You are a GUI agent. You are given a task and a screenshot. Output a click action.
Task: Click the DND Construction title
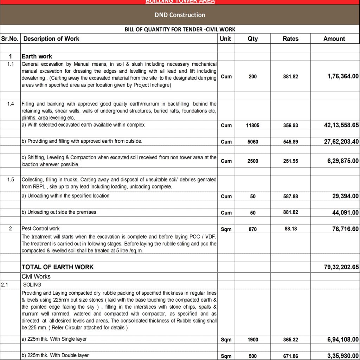[x=180, y=15]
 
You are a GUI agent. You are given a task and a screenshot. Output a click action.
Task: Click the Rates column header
[x=290, y=39]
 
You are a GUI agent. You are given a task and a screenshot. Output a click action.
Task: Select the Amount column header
[x=334, y=39]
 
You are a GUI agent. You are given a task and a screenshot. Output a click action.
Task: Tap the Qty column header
[x=252, y=39]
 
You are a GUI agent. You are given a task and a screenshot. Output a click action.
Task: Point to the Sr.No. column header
[x=10, y=39]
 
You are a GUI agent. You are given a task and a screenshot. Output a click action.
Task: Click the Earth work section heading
[x=37, y=56]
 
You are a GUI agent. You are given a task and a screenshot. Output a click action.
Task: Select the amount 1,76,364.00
[x=338, y=76]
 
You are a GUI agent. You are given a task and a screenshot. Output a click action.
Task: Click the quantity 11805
[x=252, y=125]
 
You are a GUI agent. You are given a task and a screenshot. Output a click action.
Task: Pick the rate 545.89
[x=290, y=142]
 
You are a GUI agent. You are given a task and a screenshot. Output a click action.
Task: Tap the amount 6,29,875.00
[x=338, y=161]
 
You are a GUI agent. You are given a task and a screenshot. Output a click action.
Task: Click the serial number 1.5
[x=11, y=180]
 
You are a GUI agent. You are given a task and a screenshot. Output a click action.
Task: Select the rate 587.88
[x=290, y=197]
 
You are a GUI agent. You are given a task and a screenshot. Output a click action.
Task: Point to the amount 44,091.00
[x=341, y=213]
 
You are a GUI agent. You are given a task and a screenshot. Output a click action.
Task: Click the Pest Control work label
[x=40, y=229]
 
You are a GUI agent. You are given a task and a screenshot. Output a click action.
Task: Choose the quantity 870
[x=252, y=229]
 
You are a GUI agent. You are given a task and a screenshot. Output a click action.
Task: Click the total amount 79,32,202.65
[x=337, y=267]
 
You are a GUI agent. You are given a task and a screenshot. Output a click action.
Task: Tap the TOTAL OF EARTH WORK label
[x=57, y=267]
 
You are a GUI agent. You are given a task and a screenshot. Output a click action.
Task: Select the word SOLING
[x=32, y=285]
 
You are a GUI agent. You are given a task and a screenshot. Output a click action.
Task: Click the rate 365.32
[x=290, y=340]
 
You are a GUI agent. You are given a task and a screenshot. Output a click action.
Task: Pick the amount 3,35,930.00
[x=338, y=356]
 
